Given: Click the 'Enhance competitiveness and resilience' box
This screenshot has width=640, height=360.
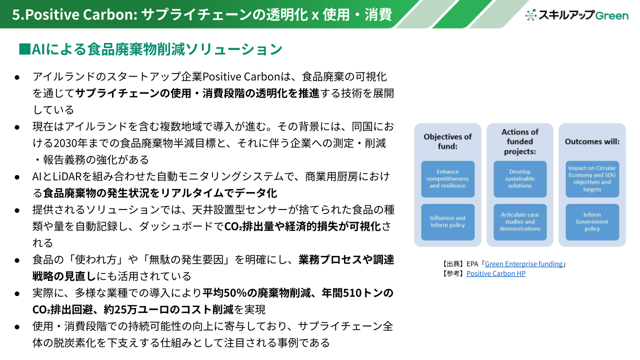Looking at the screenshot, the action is [x=447, y=179].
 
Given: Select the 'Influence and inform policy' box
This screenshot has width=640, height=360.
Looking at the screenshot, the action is [x=447, y=221].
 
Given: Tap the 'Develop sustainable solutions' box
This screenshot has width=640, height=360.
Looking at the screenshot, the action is [x=520, y=179].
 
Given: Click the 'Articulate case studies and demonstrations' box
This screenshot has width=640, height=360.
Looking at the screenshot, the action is [x=520, y=221].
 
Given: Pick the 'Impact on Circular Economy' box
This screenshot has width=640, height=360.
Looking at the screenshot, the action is [x=592, y=179].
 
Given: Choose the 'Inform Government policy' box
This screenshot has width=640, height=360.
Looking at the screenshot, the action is [x=592, y=221].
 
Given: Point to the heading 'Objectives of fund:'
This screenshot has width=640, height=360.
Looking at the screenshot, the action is [x=447, y=141].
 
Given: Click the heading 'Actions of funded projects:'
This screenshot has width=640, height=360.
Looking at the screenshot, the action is [x=520, y=141].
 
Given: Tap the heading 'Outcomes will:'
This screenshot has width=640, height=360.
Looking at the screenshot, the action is [x=592, y=141].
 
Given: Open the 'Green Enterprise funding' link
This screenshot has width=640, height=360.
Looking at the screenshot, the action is [x=523, y=263].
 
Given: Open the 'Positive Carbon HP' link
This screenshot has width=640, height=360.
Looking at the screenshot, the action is [x=496, y=273].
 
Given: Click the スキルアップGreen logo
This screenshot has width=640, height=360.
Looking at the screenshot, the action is [x=576, y=15].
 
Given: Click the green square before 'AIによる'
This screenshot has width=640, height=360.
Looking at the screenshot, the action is [x=24, y=49].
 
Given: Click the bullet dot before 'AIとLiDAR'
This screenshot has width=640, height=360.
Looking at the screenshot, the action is [x=17, y=177].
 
